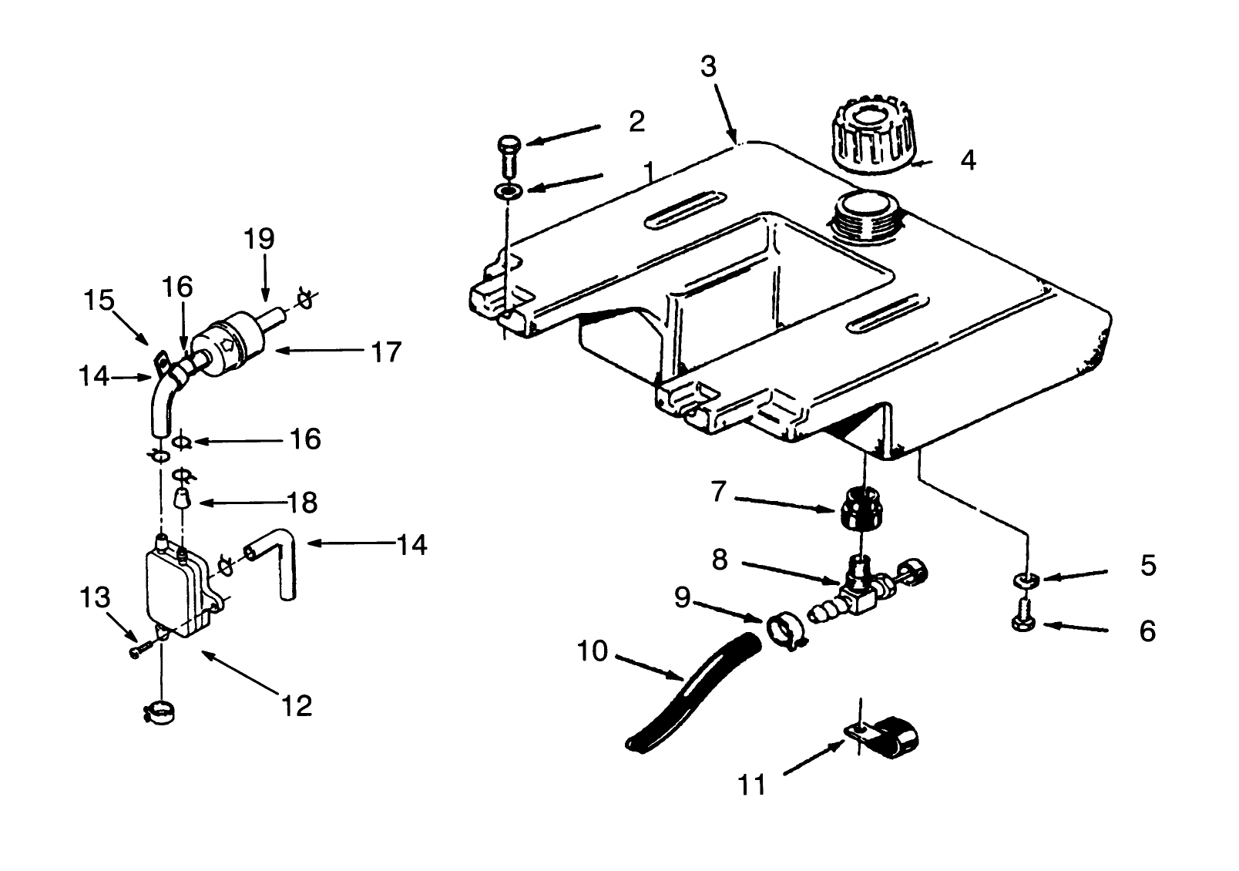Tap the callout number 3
tap(708, 67)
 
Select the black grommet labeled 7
tap(861, 509)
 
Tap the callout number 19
tap(260, 238)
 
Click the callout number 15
tap(99, 299)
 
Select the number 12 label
tap(297, 705)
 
